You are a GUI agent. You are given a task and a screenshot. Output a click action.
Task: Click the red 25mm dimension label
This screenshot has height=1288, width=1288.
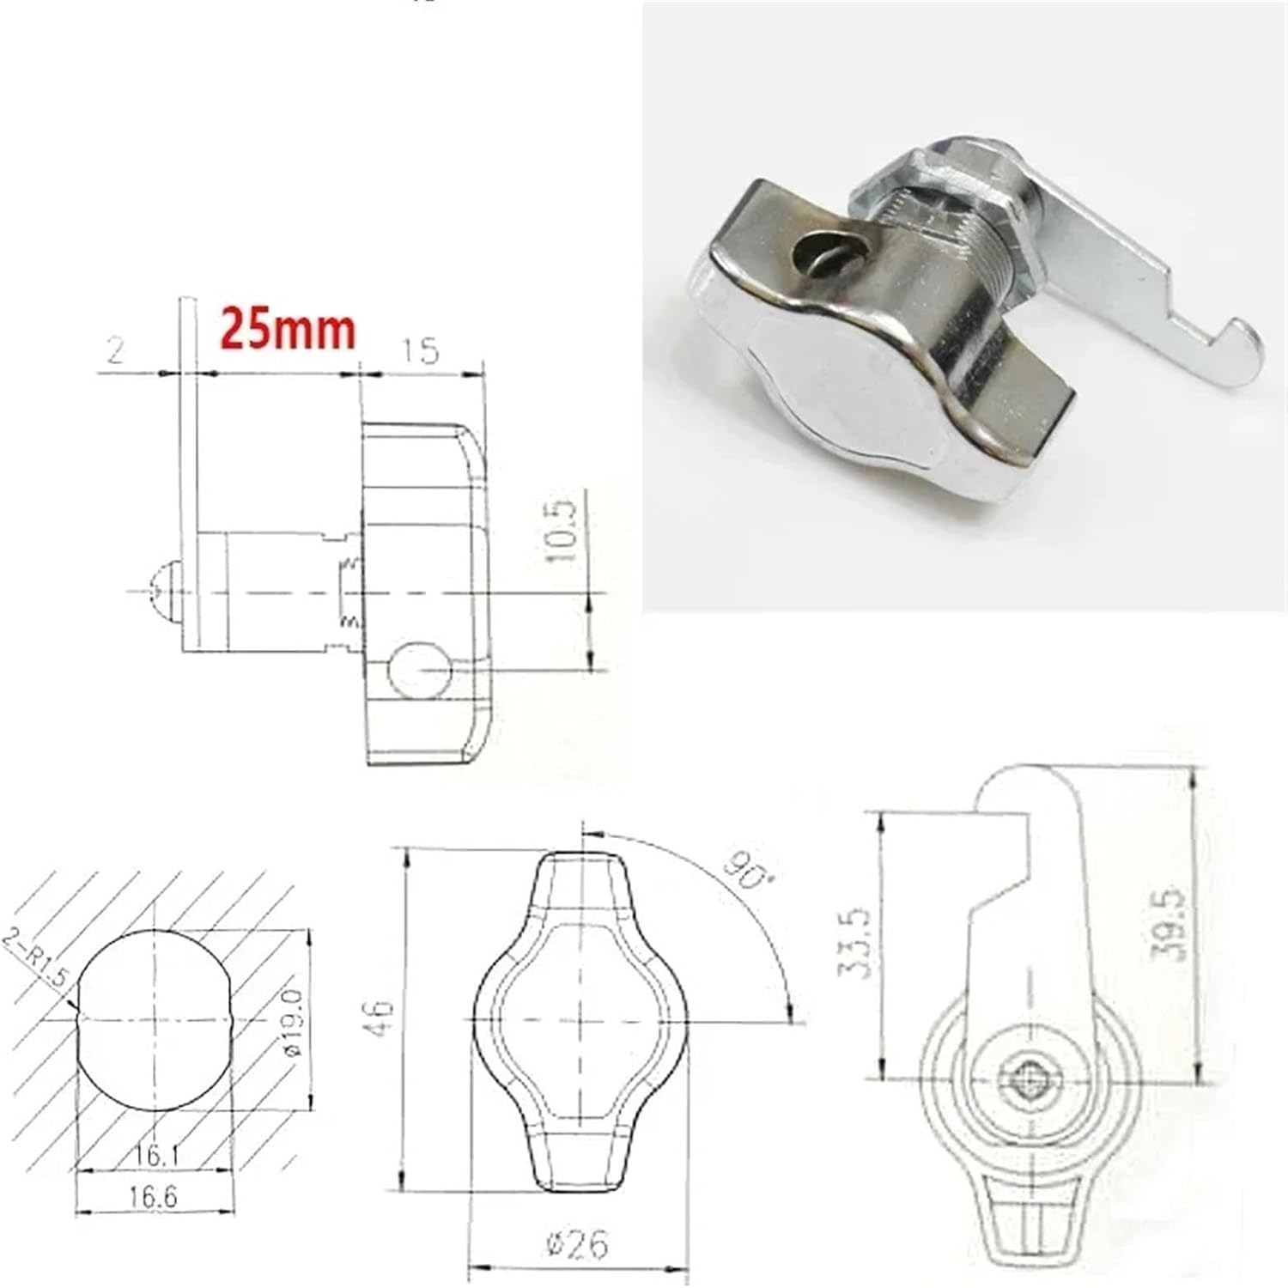coord(289,329)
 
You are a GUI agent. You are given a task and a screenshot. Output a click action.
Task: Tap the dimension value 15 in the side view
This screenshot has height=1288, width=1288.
coord(420,350)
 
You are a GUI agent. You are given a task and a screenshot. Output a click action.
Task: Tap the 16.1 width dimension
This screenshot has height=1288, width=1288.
coord(155,1157)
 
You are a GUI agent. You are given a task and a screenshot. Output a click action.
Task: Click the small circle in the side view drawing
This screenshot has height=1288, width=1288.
coord(418,670)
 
